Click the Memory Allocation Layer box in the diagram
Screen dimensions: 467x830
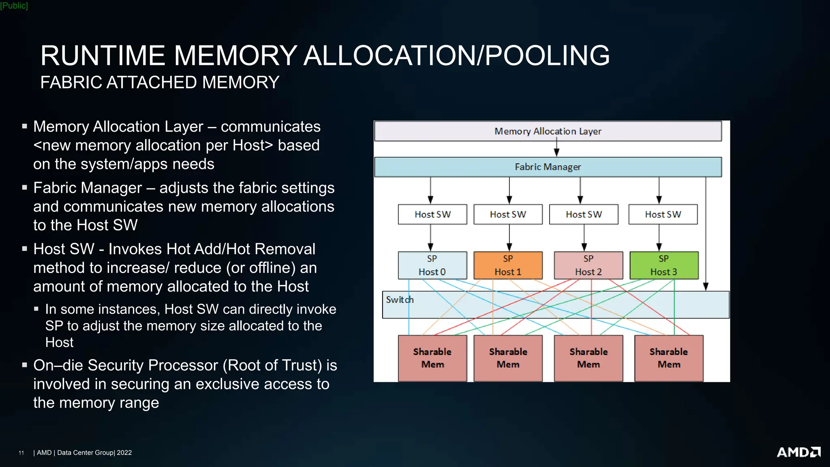pyautogui.click(x=548, y=131)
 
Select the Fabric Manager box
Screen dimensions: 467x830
pyautogui.click(x=548, y=167)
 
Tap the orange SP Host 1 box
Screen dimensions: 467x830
pyautogui.click(x=508, y=265)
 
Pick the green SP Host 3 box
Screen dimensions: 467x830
pyautogui.click(x=664, y=265)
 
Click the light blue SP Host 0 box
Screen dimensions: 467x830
pyautogui.click(x=432, y=265)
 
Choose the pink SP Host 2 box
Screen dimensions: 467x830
pyautogui.click(x=588, y=265)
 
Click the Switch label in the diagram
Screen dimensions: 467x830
pyautogui.click(x=400, y=300)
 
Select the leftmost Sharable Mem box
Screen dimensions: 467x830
pyautogui.click(x=432, y=358)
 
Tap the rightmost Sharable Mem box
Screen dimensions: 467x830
pyautogui.click(x=669, y=358)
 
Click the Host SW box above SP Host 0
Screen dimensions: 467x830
pyautogui.click(x=432, y=214)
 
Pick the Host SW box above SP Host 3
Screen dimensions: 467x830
pyautogui.click(x=663, y=214)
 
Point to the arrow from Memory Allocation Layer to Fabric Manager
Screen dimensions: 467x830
pyautogui.click(x=556, y=148)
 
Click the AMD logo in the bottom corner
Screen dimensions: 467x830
pyautogui.click(x=798, y=452)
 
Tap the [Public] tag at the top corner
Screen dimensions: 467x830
pyautogui.click(x=14, y=6)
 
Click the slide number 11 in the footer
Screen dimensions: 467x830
pyautogui.click(x=21, y=453)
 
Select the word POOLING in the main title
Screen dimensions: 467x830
pyautogui.click(x=547, y=56)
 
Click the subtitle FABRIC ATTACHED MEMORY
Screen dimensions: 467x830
pyautogui.click(x=160, y=83)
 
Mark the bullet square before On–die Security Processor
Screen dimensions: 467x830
pyautogui.click(x=25, y=365)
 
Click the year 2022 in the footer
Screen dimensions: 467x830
pyautogui.click(x=124, y=453)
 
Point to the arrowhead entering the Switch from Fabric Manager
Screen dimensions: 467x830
pyautogui.click(x=706, y=286)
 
